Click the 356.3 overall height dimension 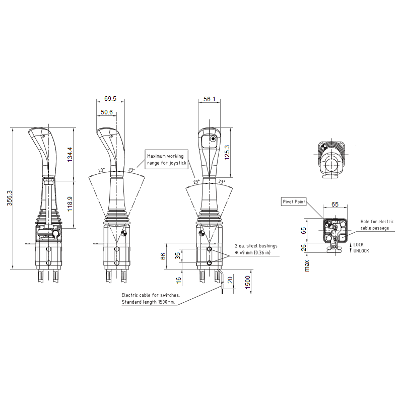10,198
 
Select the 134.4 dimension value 70,154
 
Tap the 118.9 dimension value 70,204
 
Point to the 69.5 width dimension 110,98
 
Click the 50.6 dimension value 107,112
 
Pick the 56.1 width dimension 209,99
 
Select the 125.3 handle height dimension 227,153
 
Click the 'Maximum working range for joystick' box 167,159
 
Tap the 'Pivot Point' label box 294,202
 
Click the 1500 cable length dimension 247,282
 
